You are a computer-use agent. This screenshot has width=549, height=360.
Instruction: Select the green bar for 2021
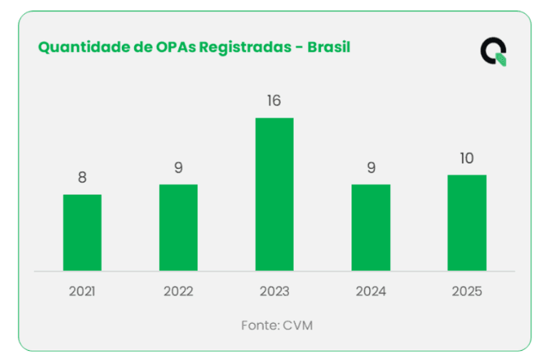pyautogui.click(x=82, y=232)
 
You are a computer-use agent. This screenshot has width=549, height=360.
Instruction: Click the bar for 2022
pyautogui.click(x=178, y=227)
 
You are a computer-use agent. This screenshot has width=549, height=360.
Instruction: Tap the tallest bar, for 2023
pyautogui.click(x=274, y=194)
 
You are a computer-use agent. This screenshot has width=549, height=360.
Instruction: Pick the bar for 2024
pyautogui.click(x=371, y=227)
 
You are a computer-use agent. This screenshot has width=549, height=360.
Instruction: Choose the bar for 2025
pyautogui.click(x=467, y=222)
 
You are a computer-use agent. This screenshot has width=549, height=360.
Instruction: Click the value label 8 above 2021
pyautogui.click(x=82, y=178)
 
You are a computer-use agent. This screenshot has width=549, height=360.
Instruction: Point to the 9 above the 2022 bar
pyautogui.click(x=178, y=168)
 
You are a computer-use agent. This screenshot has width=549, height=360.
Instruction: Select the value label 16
pyautogui.click(x=274, y=101)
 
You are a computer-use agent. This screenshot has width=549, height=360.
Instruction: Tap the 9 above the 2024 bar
pyautogui.click(x=371, y=168)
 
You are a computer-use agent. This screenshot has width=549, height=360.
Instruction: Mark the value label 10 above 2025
pyautogui.click(x=467, y=158)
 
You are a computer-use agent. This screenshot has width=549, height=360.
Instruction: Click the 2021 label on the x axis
pyautogui.click(x=82, y=292)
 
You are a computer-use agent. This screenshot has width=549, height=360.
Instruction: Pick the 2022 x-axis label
pyautogui.click(x=178, y=292)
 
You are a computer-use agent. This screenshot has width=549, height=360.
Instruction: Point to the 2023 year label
pyautogui.click(x=274, y=292)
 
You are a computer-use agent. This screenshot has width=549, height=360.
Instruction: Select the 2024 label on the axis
pyautogui.click(x=371, y=292)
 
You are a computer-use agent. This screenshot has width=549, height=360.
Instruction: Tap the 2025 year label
pyautogui.click(x=467, y=292)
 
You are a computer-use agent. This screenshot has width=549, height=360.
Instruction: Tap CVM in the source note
pyautogui.click(x=297, y=325)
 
